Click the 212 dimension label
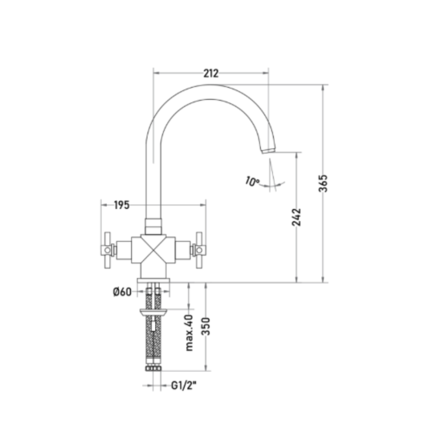(x=211, y=73)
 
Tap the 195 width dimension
(x=122, y=205)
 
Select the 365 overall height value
(x=323, y=183)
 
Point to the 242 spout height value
(x=296, y=217)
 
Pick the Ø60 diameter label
(x=122, y=292)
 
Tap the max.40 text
(x=189, y=333)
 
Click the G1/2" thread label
(x=184, y=386)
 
